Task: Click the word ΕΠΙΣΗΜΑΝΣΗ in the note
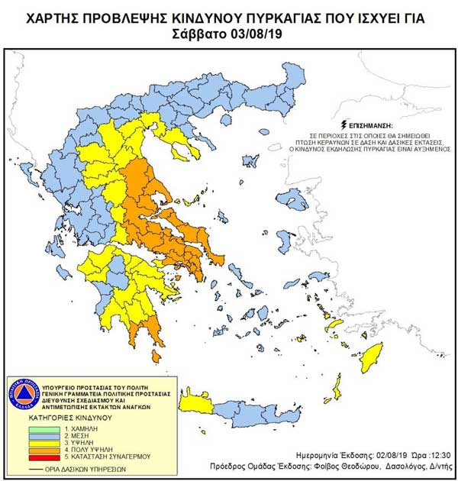coord(373,123)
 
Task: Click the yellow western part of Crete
coord(195,402)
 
